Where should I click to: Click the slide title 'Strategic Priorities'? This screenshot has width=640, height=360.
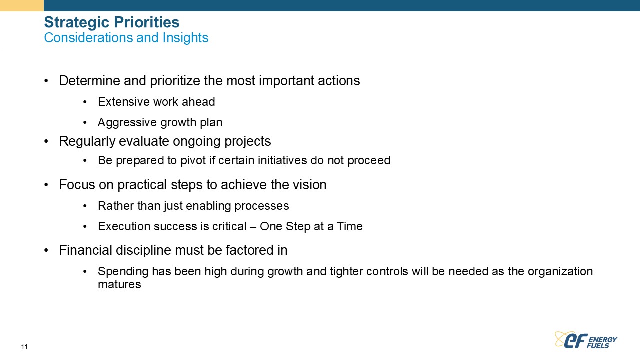[112, 22]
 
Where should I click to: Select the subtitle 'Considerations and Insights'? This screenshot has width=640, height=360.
[126, 37]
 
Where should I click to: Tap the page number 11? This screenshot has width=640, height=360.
[24, 347]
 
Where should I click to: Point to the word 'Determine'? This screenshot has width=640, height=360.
[89, 81]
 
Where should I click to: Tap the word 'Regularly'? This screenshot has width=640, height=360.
[87, 141]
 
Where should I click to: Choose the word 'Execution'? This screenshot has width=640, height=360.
[124, 226]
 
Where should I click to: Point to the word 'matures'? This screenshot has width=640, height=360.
[119, 284]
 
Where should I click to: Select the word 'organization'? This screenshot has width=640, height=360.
[560, 272]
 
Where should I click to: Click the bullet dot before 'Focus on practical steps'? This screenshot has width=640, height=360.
[46, 185]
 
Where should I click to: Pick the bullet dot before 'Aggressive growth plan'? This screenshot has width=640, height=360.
[85, 123]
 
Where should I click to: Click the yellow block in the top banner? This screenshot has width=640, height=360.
[22, 5]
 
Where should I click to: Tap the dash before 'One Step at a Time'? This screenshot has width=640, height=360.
[253, 227]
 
